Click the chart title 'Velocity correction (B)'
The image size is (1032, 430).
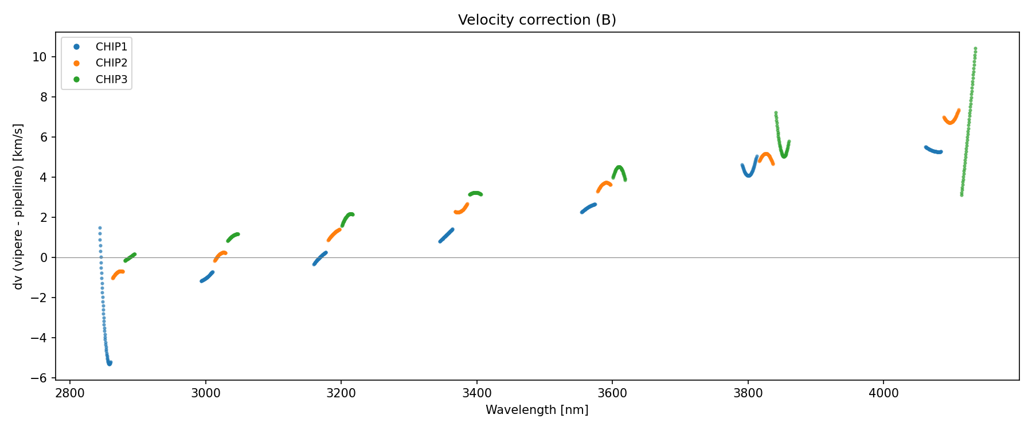click(x=537, y=20)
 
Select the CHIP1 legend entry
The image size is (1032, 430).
click(x=111, y=47)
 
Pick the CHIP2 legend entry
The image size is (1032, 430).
click(x=111, y=63)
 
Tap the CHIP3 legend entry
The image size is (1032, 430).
click(x=111, y=80)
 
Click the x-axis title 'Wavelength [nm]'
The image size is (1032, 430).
click(x=537, y=410)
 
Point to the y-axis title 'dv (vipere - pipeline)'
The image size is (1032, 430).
click(x=18, y=206)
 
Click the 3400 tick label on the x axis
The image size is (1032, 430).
click(x=476, y=393)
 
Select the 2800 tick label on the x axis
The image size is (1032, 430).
click(x=70, y=393)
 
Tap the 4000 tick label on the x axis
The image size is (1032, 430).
click(x=884, y=393)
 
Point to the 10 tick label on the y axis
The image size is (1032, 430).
click(x=40, y=57)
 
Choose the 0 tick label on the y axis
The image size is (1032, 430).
click(x=44, y=257)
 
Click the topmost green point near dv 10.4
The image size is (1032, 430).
click(x=975, y=49)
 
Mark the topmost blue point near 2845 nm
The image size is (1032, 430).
click(x=100, y=228)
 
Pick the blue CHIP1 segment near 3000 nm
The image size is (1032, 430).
click(x=206, y=278)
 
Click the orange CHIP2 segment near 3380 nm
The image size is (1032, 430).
click(x=460, y=212)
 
